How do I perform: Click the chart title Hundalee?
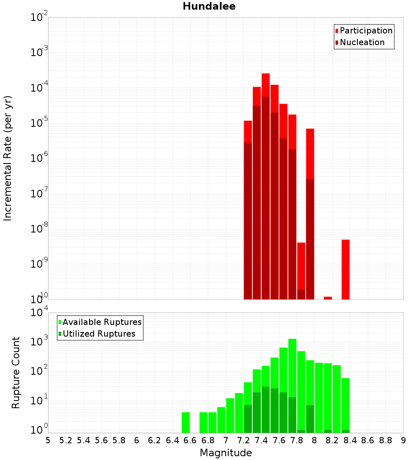pyautogui.click(x=209, y=6)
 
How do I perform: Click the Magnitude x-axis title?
pyautogui.click(x=226, y=453)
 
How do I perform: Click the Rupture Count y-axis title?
pyautogui.click(x=16, y=373)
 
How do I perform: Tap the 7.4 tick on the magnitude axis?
pyautogui.click(x=261, y=440)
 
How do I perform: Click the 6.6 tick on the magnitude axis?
pyautogui.click(x=190, y=440)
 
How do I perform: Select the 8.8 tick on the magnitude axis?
pyautogui.click(x=385, y=440)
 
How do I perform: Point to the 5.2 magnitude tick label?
pyautogui.click(x=66, y=440)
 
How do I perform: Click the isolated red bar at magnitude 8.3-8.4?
pyautogui.click(x=345, y=269)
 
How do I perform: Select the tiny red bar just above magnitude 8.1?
pyautogui.click(x=328, y=298)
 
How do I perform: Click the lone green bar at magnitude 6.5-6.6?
pyautogui.click(x=186, y=422)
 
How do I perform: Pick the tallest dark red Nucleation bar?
pyautogui.click(x=265, y=197)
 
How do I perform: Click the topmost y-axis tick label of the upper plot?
pyautogui.click(x=39, y=18)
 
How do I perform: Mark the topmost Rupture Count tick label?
pyautogui.click(x=39, y=313)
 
